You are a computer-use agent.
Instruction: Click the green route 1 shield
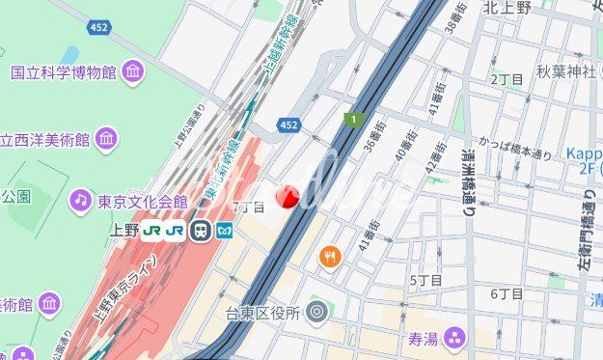coord(354,119)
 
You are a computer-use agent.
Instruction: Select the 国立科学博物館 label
coord(64,72)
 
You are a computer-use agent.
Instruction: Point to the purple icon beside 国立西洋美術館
coord(106,139)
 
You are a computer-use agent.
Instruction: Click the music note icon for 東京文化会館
coord(79,201)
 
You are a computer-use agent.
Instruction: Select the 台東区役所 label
coord(262,313)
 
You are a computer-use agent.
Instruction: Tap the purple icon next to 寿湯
coord(454,337)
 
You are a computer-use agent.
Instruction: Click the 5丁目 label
coord(425,280)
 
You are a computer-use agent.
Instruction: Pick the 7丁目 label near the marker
coord(248,207)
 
